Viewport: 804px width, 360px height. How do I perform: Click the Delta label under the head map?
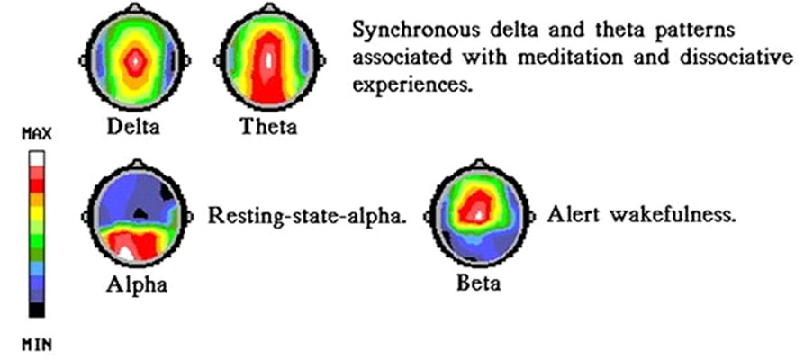(x=133, y=126)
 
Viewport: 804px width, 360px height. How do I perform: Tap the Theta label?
(x=268, y=126)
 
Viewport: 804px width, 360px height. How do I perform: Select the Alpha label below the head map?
(x=137, y=284)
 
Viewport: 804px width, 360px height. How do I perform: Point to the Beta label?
(x=478, y=283)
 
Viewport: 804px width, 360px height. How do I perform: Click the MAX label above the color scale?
(x=36, y=135)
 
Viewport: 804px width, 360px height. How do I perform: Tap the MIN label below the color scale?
(x=36, y=345)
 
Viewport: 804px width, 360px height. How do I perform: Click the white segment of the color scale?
(x=36, y=158)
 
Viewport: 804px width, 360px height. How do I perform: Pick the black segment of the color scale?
(x=36, y=310)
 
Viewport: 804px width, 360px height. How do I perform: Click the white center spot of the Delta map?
(x=135, y=60)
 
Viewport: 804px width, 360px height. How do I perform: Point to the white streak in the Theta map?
(x=268, y=60)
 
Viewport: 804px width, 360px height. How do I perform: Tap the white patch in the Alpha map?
(x=124, y=252)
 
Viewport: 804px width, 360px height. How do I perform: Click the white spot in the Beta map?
(x=479, y=215)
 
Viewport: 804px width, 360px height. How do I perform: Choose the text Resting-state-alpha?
(x=307, y=216)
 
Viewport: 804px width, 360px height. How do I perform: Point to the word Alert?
(x=574, y=215)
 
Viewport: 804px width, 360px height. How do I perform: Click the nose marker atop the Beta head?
(x=479, y=164)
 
